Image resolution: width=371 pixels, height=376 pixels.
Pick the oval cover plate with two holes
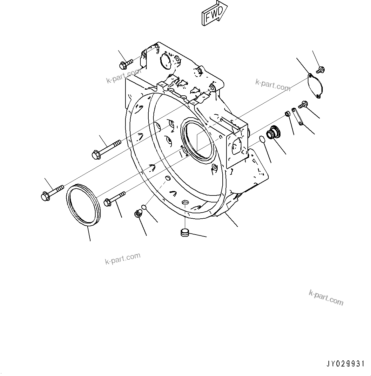pos(315,86)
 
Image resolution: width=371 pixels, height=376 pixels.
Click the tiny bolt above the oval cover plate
pos(320,69)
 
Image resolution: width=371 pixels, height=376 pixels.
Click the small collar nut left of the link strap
pos(287,113)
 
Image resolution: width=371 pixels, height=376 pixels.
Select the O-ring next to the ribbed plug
pos(262,140)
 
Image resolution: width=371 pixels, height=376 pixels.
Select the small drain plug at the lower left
pos(138,214)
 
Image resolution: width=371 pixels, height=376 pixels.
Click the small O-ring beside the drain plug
pos(144,207)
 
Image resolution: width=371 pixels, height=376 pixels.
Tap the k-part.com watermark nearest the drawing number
pos(326,297)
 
